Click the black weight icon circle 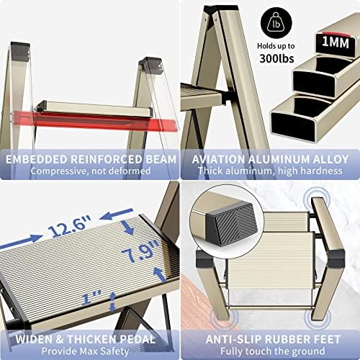click(x=276, y=23)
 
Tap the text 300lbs click(x=276, y=58)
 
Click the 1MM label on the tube click(x=336, y=42)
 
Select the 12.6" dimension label click(x=70, y=225)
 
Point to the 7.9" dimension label click(x=141, y=251)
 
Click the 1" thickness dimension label click(x=91, y=297)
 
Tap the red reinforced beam click(x=95, y=121)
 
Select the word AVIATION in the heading click(x=218, y=159)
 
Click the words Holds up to click(x=276, y=46)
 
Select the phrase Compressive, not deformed click(x=91, y=171)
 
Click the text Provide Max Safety click(x=86, y=351)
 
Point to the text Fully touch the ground click(x=273, y=351)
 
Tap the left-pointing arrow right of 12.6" click(x=117, y=215)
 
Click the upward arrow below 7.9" click(x=159, y=274)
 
